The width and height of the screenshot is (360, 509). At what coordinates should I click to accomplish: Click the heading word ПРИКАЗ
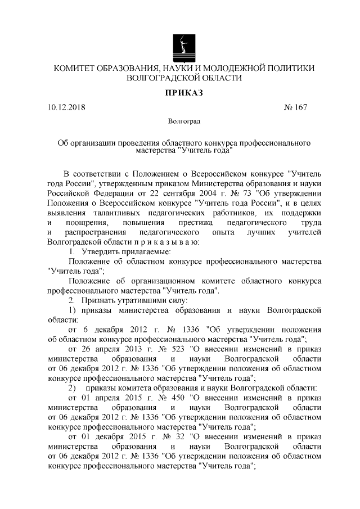pos(180,92)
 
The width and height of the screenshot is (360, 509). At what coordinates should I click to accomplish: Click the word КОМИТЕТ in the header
pos(76,69)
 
